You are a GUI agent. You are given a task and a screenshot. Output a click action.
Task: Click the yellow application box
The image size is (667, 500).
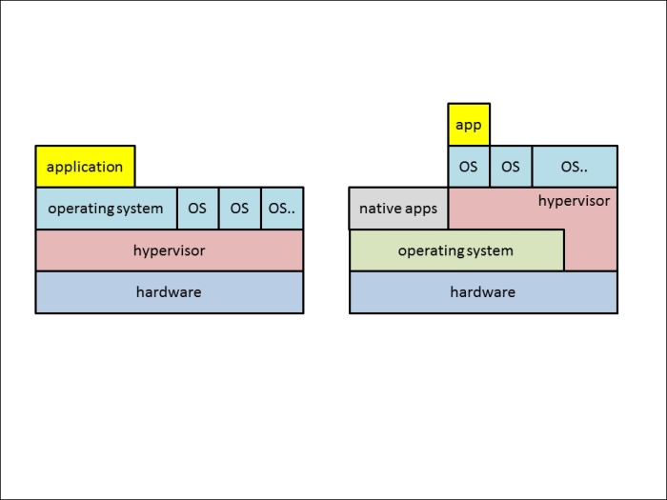pyautogui.click(x=86, y=167)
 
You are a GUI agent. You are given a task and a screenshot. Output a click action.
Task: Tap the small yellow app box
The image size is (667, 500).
pyautogui.click(x=469, y=125)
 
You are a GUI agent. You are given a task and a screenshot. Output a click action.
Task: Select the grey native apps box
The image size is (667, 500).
pyautogui.click(x=398, y=209)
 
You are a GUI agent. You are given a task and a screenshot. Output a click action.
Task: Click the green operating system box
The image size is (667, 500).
pyautogui.click(x=456, y=250)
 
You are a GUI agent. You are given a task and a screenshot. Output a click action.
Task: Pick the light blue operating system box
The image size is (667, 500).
pyautogui.click(x=107, y=209)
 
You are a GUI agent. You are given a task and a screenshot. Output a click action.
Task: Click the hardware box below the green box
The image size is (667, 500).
pyautogui.click(x=483, y=292)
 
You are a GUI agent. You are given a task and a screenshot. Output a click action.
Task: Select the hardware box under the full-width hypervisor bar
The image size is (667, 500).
pyautogui.click(x=170, y=292)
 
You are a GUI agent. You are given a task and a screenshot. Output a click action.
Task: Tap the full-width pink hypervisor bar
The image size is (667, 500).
pyautogui.click(x=170, y=250)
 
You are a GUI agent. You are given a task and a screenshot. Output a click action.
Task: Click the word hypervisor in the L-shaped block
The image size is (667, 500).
pyautogui.click(x=574, y=201)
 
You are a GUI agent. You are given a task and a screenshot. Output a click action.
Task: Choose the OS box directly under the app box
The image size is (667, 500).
pyautogui.click(x=469, y=167)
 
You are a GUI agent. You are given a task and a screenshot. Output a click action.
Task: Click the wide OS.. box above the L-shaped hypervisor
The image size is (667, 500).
pyautogui.click(x=575, y=167)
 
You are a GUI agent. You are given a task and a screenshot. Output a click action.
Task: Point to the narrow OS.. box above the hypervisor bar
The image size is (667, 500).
pyautogui.click(x=282, y=209)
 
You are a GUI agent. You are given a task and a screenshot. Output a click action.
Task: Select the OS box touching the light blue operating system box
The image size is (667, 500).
pyautogui.click(x=198, y=209)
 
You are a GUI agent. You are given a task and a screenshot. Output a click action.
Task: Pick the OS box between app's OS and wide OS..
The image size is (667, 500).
pyautogui.click(x=511, y=167)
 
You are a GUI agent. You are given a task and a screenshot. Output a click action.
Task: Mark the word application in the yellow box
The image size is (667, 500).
pyautogui.click(x=85, y=167)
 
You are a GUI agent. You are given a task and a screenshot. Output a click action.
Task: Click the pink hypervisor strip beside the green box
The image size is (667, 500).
pyautogui.click(x=591, y=250)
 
